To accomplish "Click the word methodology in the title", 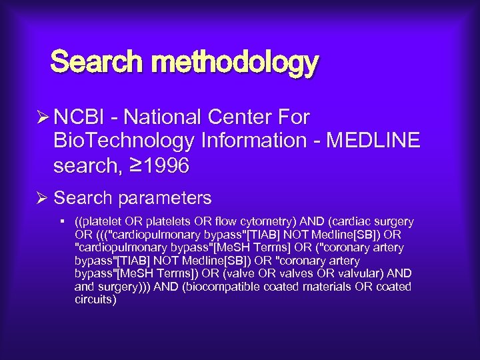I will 236,63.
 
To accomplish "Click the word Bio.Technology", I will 123,141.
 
